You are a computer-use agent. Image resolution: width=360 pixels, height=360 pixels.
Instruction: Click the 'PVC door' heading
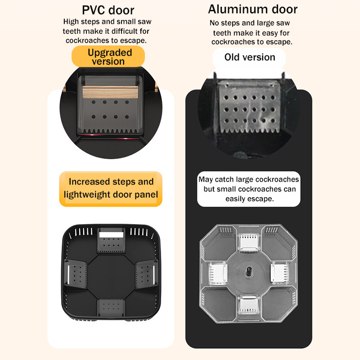tap(108, 10)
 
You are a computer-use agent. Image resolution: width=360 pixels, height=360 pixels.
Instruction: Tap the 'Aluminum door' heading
tap(253, 9)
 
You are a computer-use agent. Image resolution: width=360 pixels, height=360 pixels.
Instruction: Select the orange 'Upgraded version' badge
tap(108, 57)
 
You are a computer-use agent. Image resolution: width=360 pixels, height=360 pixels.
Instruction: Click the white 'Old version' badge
tap(249, 57)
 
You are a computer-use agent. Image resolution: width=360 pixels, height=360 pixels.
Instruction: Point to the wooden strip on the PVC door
tap(110, 92)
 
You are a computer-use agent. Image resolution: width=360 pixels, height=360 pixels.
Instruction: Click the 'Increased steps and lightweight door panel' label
tap(111, 189)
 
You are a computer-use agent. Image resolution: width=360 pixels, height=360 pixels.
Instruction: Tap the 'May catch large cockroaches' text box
tap(249, 189)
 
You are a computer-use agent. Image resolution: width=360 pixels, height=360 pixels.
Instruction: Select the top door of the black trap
tap(111, 240)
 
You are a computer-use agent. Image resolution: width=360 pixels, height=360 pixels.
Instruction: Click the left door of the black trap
tap(75, 273)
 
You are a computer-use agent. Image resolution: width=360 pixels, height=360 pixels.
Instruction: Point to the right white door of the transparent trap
tap(279, 273)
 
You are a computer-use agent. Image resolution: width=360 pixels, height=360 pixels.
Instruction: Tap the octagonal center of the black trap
tap(111, 276)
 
